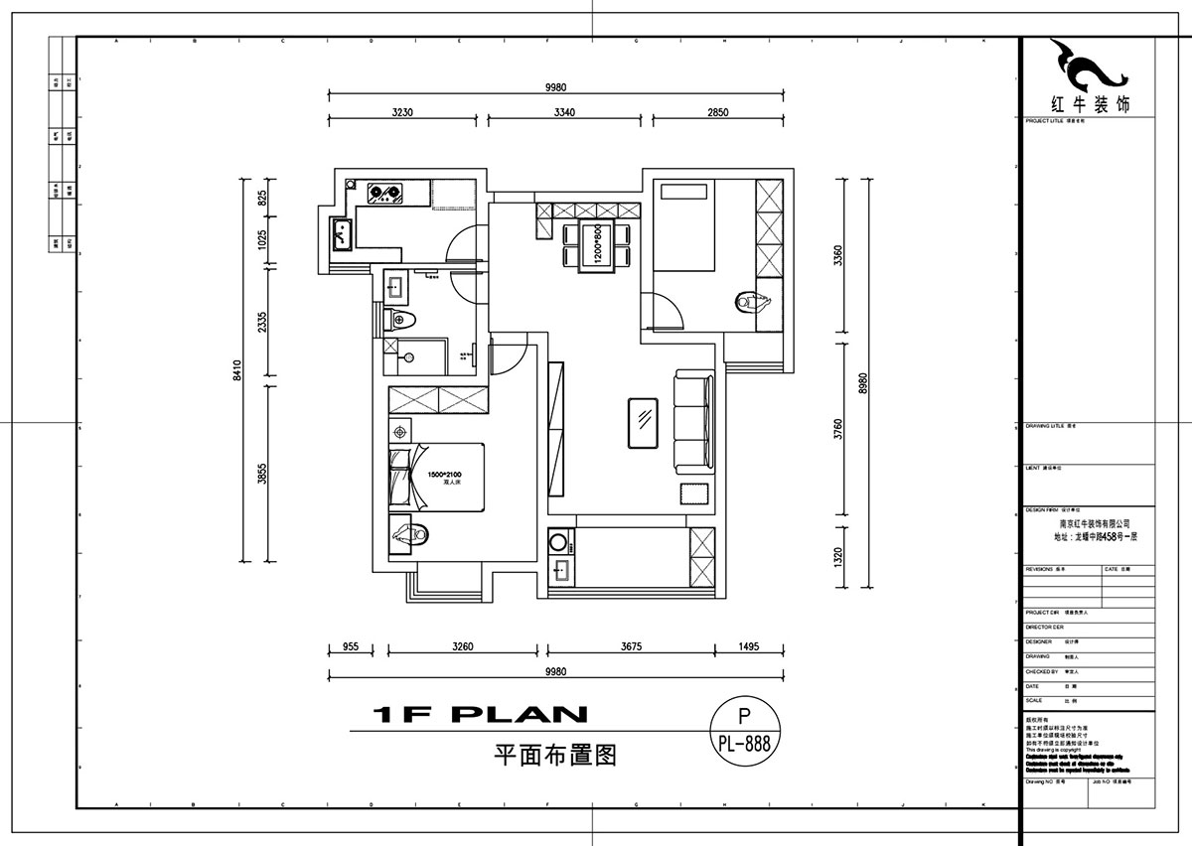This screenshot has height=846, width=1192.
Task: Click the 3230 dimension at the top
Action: (x=402, y=112)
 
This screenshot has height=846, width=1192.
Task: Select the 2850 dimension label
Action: (x=717, y=112)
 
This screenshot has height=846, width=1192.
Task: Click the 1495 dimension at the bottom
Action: (x=749, y=646)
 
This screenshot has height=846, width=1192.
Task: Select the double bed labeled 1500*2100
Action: (x=437, y=480)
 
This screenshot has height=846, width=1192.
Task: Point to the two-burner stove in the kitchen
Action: (x=384, y=192)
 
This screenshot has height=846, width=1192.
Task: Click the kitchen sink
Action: (x=342, y=235)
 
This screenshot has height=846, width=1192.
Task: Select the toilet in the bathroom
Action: (x=402, y=319)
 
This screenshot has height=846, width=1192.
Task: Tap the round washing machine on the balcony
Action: (x=558, y=542)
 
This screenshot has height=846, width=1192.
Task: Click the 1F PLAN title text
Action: (x=480, y=714)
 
